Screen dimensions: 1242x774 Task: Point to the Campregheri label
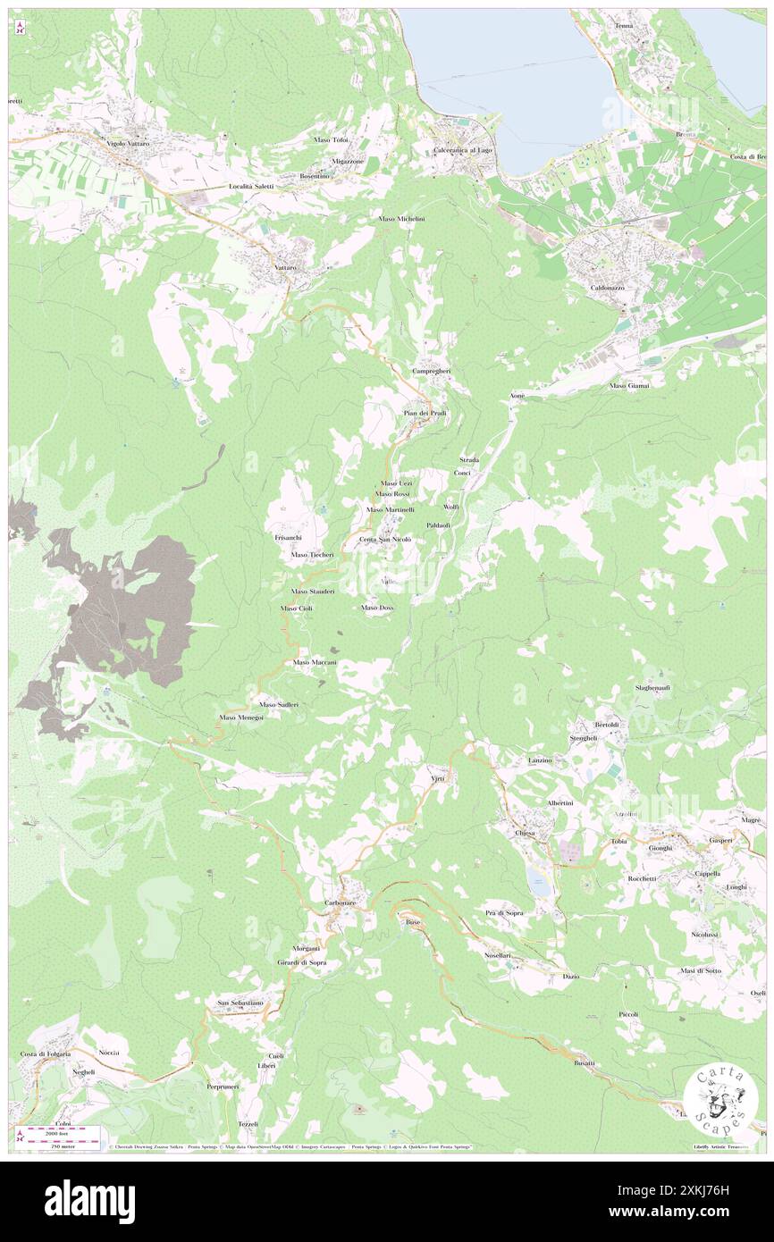432,371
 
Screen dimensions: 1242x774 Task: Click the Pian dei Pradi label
425,413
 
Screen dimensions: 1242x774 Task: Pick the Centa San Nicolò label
385,540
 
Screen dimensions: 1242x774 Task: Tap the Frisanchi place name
288,538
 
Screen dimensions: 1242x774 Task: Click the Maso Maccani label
315,662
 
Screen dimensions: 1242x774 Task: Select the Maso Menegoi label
240,718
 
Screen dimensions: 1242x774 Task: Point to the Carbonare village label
340,903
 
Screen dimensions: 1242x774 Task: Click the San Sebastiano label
240,1003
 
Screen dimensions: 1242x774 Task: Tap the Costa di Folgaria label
45,1054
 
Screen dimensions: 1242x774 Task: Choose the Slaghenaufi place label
652,687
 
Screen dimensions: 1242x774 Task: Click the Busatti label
585,1063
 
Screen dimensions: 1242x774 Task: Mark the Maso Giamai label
630,385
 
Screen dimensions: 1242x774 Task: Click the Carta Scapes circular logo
720,1100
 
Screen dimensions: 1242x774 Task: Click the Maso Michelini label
401,219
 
